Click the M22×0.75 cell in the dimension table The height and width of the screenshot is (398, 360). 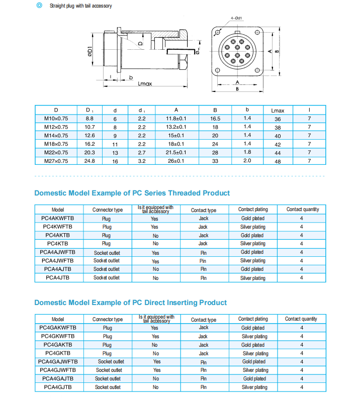pyautogui.click(x=56, y=152)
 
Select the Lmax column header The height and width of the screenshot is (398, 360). pyautogui.click(x=278, y=110)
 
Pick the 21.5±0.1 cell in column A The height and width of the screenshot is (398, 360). pyautogui.click(x=176, y=152)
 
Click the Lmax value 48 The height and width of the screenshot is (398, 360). pyautogui.click(x=278, y=161)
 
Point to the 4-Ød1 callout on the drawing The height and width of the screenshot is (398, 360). pyautogui.click(x=236, y=18)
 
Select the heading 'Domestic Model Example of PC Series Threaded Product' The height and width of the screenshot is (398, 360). pyautogui.click(x=132, y=193)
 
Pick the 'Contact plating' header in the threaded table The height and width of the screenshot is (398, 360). pyautogui.click(x=253, y=210)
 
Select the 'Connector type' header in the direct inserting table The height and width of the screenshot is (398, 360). pyautogui.click(x=107, y=319)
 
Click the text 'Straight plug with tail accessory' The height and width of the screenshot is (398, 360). pyautogui.click(x=80, y=6)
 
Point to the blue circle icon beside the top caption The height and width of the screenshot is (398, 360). pyautogui.click(x=39, y=6)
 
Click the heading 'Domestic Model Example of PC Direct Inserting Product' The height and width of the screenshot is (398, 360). pyautogui.click(x=130, y=303)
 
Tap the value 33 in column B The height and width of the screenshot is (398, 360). pyautogui.click(x=215, y=161)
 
